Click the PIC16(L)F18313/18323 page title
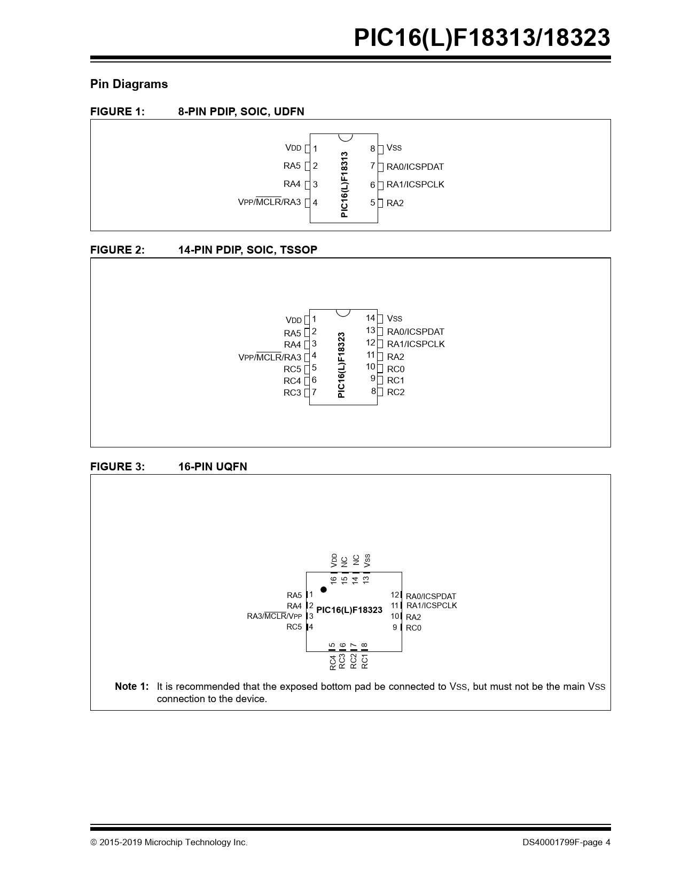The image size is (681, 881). coord(481,38)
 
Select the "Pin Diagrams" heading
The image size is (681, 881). coord(129,84)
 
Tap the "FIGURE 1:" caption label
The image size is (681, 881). coord(118,112)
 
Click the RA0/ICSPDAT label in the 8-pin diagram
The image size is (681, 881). coord(415,167)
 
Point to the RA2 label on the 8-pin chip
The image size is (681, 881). coord(395,203)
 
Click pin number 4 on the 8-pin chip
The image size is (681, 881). coord(315,203)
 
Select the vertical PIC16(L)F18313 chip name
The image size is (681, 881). coord(345,184)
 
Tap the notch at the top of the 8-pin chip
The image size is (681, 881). coord(345,137)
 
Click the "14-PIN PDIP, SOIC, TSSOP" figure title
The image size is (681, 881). coord(247,250)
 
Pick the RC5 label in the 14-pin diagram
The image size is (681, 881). coord(292,369)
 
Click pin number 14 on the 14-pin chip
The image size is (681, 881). coord(370,318)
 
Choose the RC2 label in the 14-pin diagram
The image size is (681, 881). coord(396,392)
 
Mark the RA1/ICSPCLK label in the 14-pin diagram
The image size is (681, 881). coord(416,344)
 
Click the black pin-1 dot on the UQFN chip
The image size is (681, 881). coord(324,589)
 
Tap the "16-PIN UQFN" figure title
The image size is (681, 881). coord(213,467)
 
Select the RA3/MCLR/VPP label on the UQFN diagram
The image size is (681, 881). coord(274,616)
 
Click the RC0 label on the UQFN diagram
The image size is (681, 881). coord(413,628)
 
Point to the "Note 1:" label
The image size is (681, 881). coord(131,687)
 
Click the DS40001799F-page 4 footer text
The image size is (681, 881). coord(566,843)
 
